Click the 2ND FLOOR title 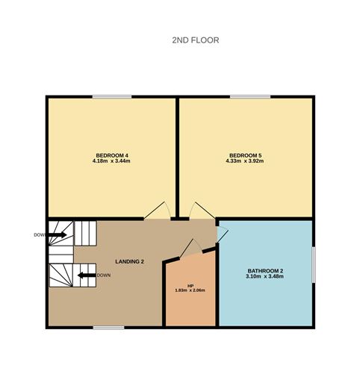tap(196, 40)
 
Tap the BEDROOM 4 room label tap(112, 155)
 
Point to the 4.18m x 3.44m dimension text tap(111, 160)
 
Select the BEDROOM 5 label tap(246, 155)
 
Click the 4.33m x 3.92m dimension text tap(245, 160)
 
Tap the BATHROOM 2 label tap(265, 271)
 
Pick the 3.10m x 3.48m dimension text tap(264, 276)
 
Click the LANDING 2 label tap(129, 261)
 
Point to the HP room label tap(190, 286)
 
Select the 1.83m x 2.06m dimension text tap(190, 290)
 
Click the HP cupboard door tap(191, 248)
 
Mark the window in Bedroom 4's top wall tap(112, 97)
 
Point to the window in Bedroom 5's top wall tap(250, 97)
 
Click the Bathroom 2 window tap(314, 264)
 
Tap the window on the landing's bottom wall tap(108, 328)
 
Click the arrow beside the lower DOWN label tap(87, 275)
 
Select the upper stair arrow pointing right tap(57, 234)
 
